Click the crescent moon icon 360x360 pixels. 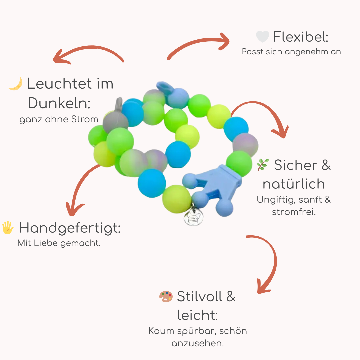coord(16,84)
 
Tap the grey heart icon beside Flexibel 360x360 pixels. coord(262,37)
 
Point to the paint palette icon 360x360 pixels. coord(166,296)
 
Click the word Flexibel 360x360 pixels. coord(300,37)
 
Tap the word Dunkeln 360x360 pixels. coord(59,103)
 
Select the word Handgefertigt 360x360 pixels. coord(69,228)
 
